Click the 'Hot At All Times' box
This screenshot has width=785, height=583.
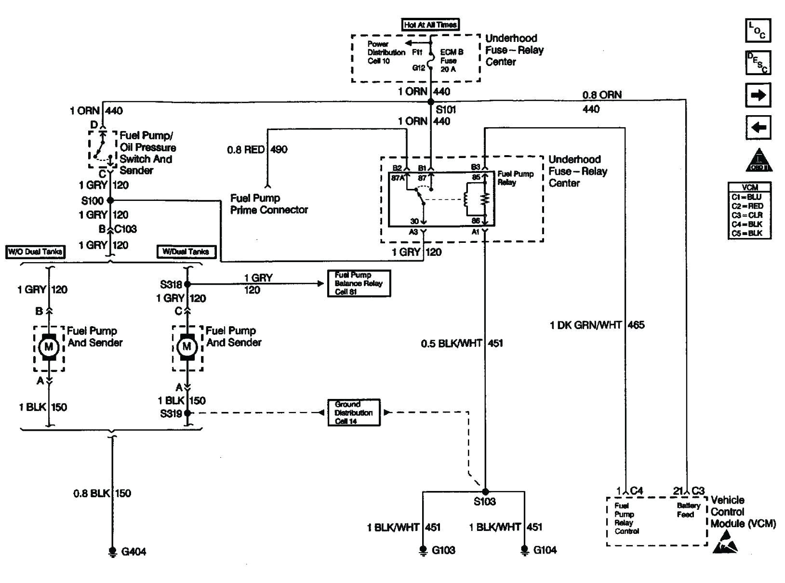[x=430, y=25]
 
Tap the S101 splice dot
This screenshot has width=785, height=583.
[x=431, y=102]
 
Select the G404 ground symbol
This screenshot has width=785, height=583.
[x=113, y=552]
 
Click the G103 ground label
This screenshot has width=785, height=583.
[x=443, y=550]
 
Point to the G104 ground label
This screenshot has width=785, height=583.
[x=545, y=550]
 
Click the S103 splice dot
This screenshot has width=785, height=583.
[x=485, y=491]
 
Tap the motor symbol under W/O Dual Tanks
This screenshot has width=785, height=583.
[x=49, y=347]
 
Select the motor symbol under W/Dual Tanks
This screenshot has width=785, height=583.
[x=187, y=347]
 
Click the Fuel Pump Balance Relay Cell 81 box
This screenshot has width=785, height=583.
[x=359, y=283]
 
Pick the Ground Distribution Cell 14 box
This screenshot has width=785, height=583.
[x=354, y=412]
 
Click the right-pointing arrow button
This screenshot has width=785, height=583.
[x=758, y=95]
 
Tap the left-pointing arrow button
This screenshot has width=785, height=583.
[x=758, y=128]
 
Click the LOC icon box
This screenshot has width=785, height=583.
[x=758, y=31]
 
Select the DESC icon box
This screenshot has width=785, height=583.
[x=758, y=63]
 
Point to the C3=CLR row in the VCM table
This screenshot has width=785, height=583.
[x=749, y=215]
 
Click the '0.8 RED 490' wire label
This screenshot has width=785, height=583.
[x=257, y=150]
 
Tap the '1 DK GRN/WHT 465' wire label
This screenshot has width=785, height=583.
[x=597, y=325]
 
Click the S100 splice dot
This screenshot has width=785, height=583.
[x=110, y=200]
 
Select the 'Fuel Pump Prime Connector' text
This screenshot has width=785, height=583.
[x=269, y=204]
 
